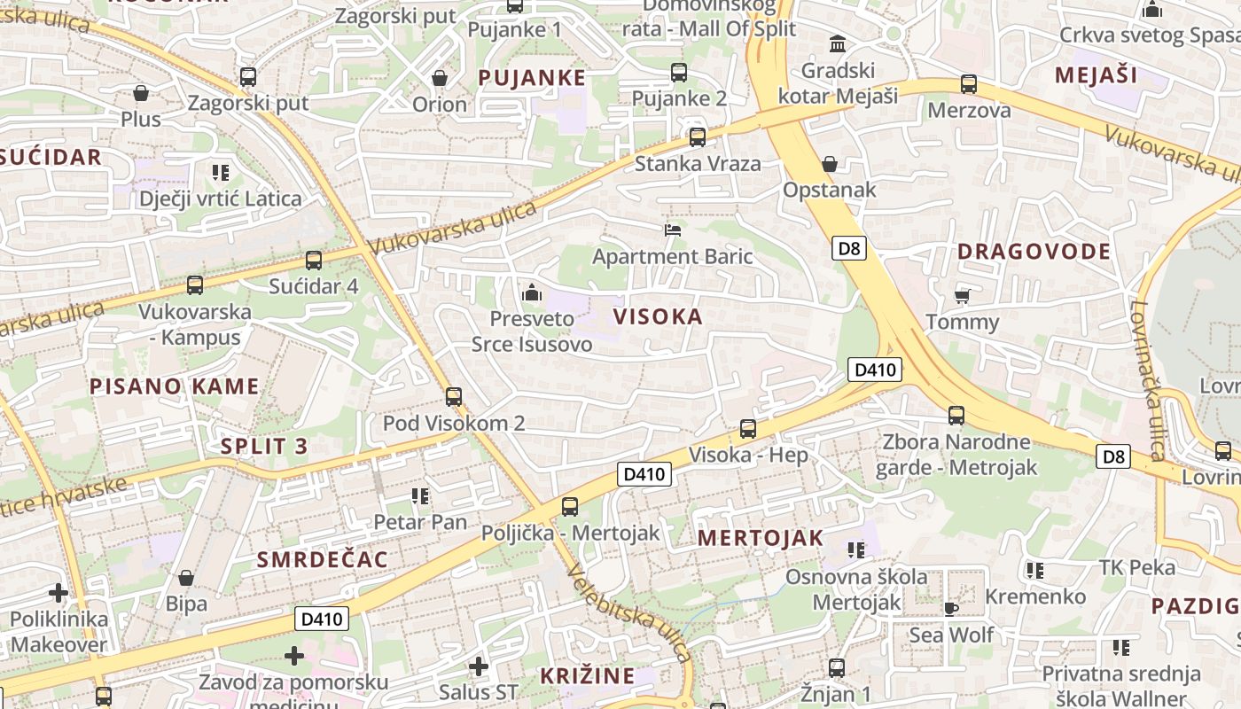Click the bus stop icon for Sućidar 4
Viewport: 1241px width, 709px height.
click(313, 261)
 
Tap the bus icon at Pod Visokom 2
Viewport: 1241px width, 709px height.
click(454, 396)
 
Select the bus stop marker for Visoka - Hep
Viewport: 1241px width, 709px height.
click(748, 429)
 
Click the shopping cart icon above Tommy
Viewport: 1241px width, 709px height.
click(962, 296)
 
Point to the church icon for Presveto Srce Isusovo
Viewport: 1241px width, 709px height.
click(532, 292)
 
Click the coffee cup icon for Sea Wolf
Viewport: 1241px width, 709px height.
click(951, 608)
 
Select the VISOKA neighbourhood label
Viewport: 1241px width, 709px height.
click(658, 316)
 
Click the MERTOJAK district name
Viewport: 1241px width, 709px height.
click(761, 538)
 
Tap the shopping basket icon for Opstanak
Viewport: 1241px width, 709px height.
click(830, 164)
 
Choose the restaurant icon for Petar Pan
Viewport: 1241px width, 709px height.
click(420, 496)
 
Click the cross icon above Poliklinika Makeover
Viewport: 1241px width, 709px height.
click(59, 593)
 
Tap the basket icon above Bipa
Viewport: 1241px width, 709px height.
click(186, 579)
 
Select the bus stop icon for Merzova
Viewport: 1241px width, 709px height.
click(969, 85)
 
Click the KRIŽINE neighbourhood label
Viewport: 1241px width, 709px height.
click(588, 676)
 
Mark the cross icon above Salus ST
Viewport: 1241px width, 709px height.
click(479, 666)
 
